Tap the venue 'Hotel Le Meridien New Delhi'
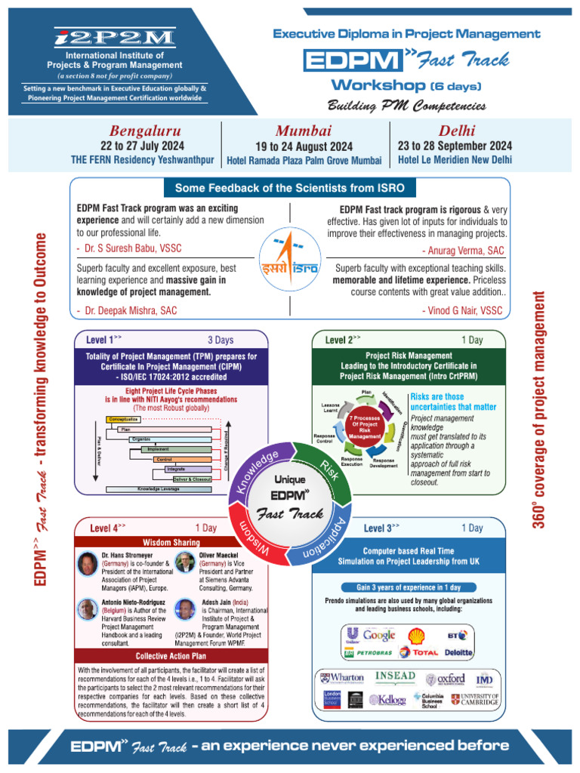[455, 159]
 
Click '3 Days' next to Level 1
[221, 340]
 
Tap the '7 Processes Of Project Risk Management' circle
[365, 427]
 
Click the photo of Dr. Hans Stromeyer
[88, 564]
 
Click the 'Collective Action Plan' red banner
[171, 656]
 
